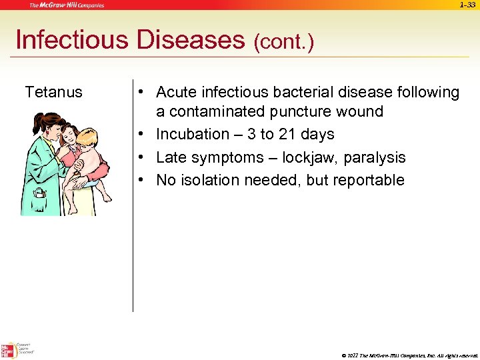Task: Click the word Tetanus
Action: click(x=53, y=92)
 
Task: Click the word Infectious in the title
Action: click(x=72, y=40)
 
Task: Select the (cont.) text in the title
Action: click(x=283, y=43)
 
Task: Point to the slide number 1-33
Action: click(x=467, y=5)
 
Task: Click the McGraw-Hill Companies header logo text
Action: click(x=66, y=5)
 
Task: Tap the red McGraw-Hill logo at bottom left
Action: click(x=9, y=350)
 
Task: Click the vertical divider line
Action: click(x=133, y=200)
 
